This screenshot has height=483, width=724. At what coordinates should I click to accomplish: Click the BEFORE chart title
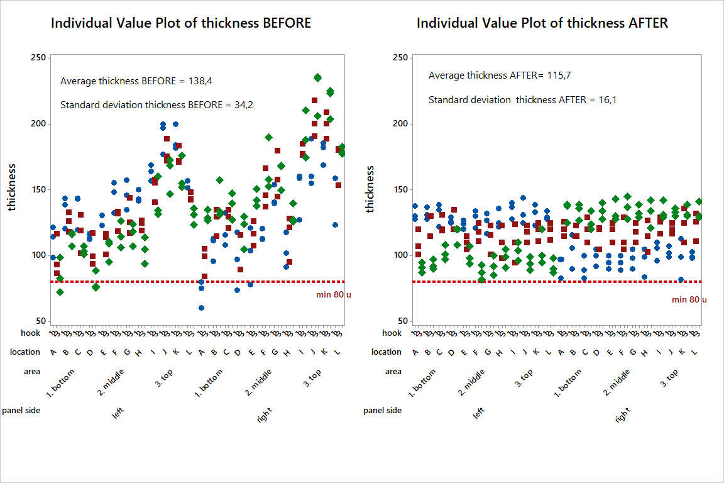pos(181,23)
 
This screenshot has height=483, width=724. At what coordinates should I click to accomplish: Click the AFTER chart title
pos(542,23)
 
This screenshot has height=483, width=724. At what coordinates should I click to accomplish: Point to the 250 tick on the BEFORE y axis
pos(38,58)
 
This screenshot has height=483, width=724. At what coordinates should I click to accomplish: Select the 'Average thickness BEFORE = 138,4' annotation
pos(135,81)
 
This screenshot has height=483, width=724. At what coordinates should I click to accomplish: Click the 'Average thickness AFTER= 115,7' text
pos(500,75)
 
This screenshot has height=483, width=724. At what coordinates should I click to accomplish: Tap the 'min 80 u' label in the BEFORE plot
pos(333,294)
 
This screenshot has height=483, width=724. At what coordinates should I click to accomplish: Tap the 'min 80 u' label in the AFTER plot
pos(689,299)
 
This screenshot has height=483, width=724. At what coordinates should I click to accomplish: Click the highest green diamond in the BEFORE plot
pos(318,77)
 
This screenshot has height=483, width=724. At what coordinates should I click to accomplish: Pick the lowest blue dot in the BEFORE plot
pos(201,308)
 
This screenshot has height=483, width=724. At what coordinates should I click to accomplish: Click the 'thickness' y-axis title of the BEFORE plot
pos(13,189)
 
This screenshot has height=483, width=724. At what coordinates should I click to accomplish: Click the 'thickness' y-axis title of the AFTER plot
pos(370,189)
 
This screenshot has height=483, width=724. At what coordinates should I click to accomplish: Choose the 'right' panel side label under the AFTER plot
pos(622,415)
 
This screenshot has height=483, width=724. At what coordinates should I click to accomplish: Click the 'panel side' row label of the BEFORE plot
pos(21,411)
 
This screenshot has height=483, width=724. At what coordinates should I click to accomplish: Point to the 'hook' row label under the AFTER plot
pos(392,333)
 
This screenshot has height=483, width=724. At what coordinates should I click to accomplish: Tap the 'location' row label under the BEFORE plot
pos(25,352)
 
